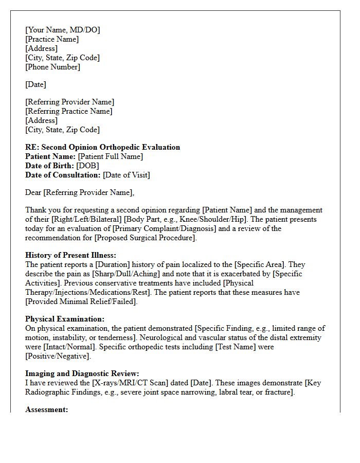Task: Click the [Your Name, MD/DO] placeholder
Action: coord(62,30)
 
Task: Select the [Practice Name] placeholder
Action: coord(52,39)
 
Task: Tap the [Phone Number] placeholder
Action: coord(52,67)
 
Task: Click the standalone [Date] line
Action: coord(35,84)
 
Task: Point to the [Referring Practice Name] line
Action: coord(69,111)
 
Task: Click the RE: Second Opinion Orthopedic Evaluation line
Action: coord(103,147)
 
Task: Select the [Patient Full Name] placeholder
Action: coord(110,156)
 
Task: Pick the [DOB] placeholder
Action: coord(87,166)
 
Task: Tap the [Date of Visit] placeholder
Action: coord(127,175)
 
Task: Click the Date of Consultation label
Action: coord(63,175)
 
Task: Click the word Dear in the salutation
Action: coord(33,192)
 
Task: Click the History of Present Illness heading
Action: coord(70,255)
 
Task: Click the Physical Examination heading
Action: coord(65,319)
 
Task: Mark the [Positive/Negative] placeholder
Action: coord(58,356)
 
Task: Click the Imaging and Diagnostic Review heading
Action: coord(82,373)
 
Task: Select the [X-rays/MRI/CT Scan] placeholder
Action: coord(113,383)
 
